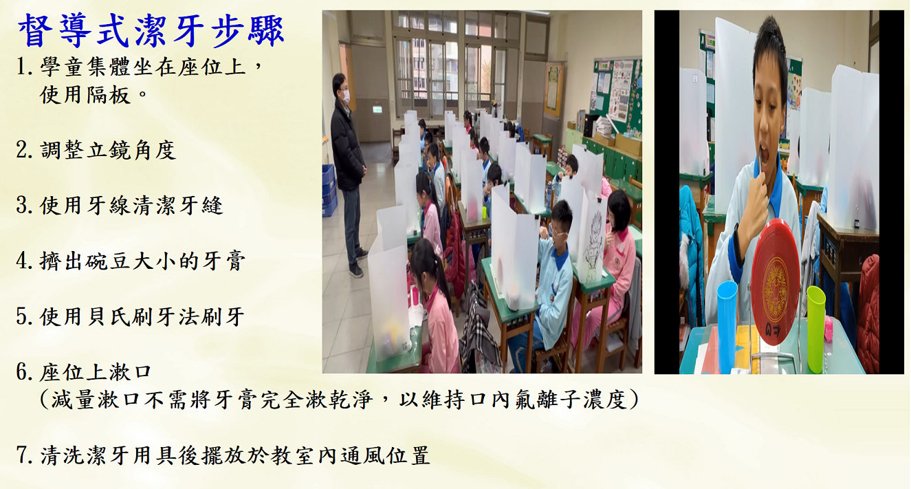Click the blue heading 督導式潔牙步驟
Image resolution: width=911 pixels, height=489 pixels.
(151, 30)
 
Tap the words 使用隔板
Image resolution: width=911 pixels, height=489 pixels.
(85, 95)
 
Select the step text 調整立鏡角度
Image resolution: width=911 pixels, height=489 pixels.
(108, 150)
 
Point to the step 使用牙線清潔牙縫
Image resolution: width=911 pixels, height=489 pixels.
(131, 206)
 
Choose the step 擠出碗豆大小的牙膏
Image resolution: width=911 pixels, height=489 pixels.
(142, 261)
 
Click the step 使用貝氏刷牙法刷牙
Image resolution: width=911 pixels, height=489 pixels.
(142, 316)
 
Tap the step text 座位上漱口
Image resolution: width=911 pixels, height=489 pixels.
(96, 372)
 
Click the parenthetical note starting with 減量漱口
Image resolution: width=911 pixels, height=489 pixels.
(339, 400)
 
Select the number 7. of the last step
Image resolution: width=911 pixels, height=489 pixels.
(24, 455)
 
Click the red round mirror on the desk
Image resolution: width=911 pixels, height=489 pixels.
(775, 281)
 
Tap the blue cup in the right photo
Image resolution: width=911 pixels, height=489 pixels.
(727, 326)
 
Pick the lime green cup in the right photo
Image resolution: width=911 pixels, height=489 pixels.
(816, 329)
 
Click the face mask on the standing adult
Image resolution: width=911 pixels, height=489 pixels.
(346, 96)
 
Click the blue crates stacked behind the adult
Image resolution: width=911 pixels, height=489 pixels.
(329, 190)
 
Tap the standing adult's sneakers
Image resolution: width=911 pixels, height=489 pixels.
(358, 263)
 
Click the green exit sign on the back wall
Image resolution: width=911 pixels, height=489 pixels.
(377, 109)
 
